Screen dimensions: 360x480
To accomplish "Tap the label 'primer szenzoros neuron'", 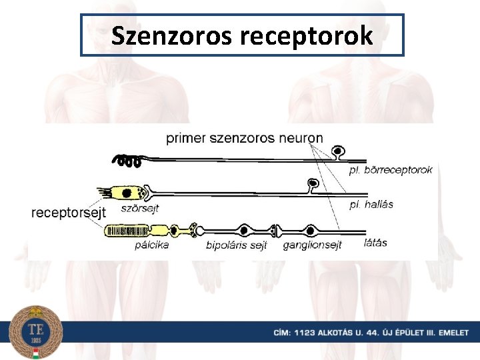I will tap(244, 139).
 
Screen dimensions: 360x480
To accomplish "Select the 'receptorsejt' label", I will tap(69, 213).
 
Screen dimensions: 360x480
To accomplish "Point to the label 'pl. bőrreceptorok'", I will tap(391, 170).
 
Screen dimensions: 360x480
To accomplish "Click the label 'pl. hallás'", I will tap(371, 205).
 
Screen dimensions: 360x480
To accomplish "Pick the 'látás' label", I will tap(376, 242).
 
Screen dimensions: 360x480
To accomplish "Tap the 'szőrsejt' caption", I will tap(140, 208).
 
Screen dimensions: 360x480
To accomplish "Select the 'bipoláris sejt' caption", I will tap(237, 245).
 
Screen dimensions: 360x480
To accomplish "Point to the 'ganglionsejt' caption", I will tap(312, 245).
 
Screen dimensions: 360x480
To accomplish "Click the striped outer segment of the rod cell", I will tap(127, 231).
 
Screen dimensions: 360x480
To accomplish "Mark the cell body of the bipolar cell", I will tap(245, 231).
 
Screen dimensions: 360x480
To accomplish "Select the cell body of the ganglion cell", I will tap(311, 231).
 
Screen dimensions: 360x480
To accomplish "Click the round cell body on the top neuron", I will tap(339, 152).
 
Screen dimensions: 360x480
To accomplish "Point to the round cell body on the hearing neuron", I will tap(312, 183).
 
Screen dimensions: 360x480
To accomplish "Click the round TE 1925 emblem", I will tap(36, 331).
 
